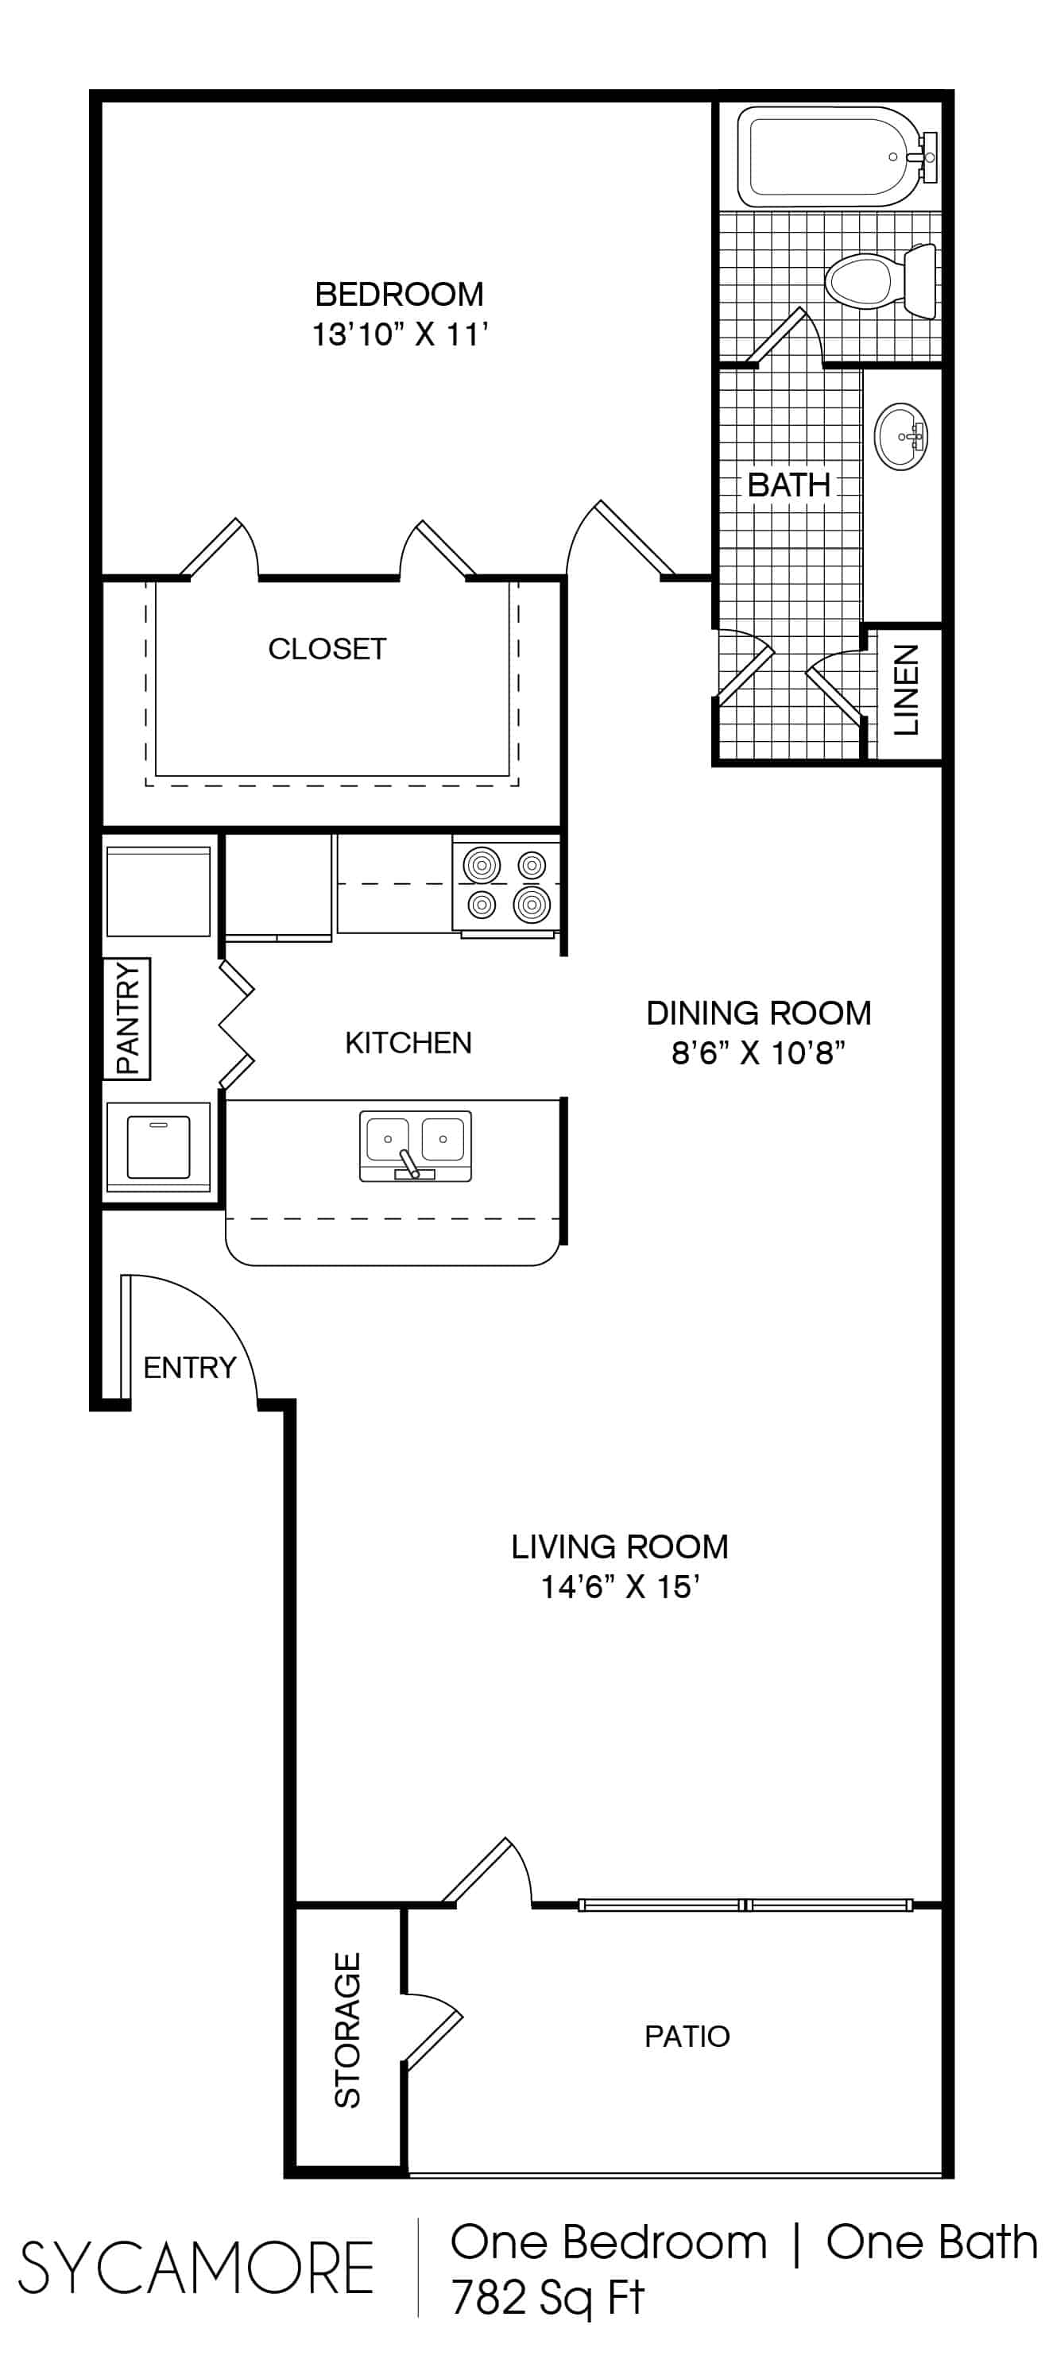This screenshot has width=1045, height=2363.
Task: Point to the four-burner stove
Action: [505, 885]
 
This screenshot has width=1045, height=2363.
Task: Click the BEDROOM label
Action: [399, 295]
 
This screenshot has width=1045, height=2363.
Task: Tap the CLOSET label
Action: [327, 649]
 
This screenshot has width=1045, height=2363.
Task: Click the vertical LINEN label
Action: [906, 689]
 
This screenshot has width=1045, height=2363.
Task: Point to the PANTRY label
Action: [126, 1017]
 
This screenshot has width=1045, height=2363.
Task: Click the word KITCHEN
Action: [408, 1043]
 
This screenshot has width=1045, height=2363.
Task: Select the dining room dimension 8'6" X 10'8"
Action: [758, 1052]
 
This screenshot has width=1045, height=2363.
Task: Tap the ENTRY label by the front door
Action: [190, 1368]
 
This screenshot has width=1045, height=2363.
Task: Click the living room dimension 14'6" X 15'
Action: [620, 1586]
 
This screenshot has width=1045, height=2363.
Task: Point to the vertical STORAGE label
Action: [346, 2030]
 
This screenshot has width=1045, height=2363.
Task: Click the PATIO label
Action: [687, 2036]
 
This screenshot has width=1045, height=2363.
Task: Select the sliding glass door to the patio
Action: [745, 1905]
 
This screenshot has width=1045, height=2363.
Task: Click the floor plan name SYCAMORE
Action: [195, 2266]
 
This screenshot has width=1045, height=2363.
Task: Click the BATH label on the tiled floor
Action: [788, 485]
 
